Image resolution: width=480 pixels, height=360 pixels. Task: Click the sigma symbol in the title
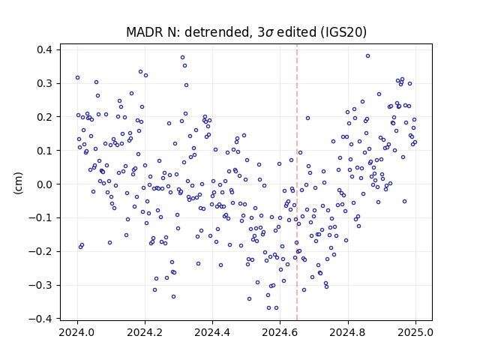[x=268, y=33]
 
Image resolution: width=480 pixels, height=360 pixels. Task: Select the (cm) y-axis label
[x=18, y=183]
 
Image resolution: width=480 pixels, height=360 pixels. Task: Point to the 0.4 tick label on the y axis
[x=45, y=49]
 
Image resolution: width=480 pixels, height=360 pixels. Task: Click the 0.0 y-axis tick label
[x=45, y=184]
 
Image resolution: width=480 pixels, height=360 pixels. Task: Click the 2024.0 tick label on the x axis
[x=77, y=332]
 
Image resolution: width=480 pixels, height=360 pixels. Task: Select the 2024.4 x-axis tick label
[x=212, y=332]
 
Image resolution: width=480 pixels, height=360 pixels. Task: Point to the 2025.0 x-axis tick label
[x=415, y=332]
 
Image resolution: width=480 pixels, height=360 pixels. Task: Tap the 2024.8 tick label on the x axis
[x=347, y=332]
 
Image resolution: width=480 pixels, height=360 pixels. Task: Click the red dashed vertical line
[x=297, y=182]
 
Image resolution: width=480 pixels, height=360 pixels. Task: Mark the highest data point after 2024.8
[x=368, y=56]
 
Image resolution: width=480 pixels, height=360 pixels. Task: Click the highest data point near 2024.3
[x=183, y=58]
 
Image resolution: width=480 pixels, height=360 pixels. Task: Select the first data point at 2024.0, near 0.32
[x=77, y=78]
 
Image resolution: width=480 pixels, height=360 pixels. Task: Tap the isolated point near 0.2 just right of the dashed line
[x=308, y=118]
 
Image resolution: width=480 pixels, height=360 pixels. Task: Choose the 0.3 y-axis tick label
[x=45, y=83]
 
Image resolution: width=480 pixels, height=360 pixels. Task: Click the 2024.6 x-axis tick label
[x=280, y=332]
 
